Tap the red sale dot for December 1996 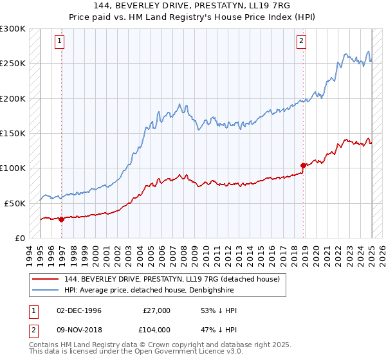[62, 219]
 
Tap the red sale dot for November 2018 [303, 166]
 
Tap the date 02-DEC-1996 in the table [79, 310]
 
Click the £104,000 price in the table [156, 329]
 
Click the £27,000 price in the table [156, 310]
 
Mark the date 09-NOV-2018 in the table [79, 329]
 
